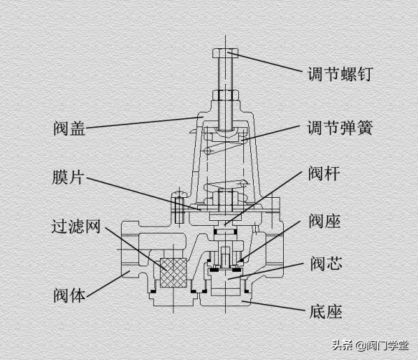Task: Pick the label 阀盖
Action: tap(69, 129)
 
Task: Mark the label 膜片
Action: tap(68, 177)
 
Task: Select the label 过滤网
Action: tap(77, 228)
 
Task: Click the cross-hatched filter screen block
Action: tap(174, 273)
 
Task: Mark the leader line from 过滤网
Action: tap(133, 249)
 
